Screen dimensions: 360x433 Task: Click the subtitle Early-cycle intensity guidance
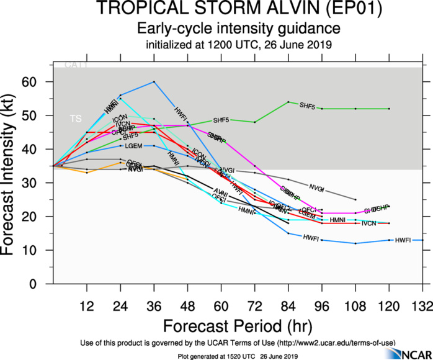point(238,29)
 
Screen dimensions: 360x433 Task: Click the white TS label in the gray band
point(75,118)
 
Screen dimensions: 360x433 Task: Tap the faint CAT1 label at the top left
point(76,65)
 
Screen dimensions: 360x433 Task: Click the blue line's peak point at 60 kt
point(154,82)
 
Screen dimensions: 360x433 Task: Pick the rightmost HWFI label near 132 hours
point(403,240)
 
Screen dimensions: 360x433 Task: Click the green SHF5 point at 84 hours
point(288,102)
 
